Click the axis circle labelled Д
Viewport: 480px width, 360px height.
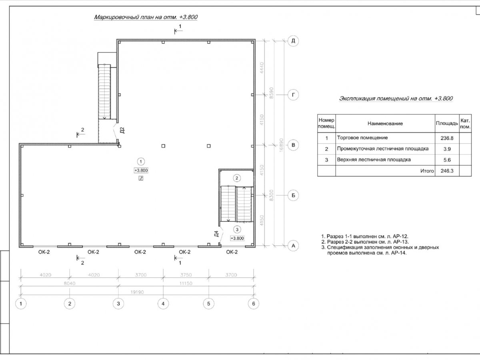click(x=293, y=41)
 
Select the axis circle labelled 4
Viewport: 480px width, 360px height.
click(x=162, y=304)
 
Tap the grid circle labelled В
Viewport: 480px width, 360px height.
click(x=293, y=145)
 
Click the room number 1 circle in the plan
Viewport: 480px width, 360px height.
click(x=141, y=162)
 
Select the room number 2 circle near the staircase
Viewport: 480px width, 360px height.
click(x=237, y=178)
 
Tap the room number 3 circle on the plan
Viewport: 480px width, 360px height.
click(x=237, y=229)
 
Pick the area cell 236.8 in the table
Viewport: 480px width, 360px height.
click(x=447, y=138)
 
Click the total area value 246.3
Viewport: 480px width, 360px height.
click(x=447, y=171)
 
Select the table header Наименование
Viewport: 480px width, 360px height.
click(x=385, y=124)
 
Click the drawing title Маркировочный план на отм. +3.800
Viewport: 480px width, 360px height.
click(x=146, y=18)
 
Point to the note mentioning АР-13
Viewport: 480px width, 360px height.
click(x=365, y=242)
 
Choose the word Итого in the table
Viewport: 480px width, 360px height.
click(x=427, y=171)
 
